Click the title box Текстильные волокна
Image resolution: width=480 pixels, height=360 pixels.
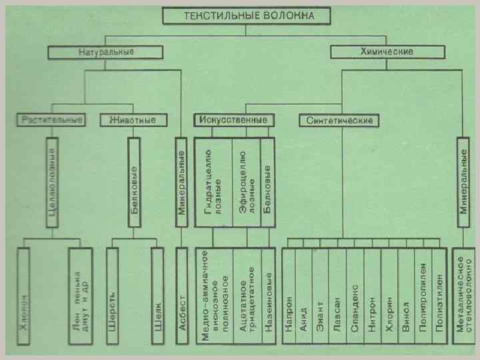pos(238,16)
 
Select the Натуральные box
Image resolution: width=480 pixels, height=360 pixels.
pos(105,52)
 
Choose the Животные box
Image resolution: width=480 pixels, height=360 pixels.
pos(132,121)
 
